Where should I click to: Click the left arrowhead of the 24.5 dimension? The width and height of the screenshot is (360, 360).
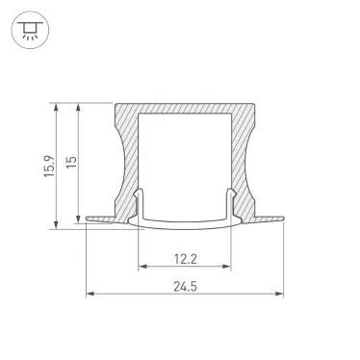coord(90,293)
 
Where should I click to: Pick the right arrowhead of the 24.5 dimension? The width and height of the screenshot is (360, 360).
coord(282,293)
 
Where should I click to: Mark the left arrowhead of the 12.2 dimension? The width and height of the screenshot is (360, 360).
coord(141,265)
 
